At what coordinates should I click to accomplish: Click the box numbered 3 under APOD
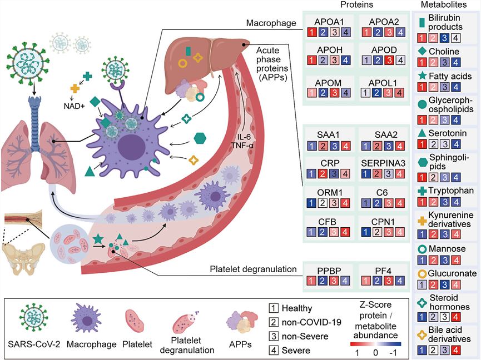(389, 60)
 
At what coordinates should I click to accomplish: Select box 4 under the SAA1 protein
(346, 146)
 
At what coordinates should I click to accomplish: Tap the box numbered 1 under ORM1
(311, 203)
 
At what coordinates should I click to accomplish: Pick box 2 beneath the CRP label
(323, 174)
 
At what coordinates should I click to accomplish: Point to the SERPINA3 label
(383, 163)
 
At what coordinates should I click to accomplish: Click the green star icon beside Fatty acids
(423, 76)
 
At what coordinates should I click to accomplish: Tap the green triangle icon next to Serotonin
(422, 133)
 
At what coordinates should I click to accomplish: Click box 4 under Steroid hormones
(456, 317)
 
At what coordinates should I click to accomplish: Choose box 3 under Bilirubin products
(444, 38)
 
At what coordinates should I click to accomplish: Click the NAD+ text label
(75, 106)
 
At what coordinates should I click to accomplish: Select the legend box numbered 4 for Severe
(274, 350)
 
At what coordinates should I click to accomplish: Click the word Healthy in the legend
(297, 308)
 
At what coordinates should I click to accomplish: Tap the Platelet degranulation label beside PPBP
(254, 269)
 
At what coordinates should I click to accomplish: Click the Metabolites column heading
(444, 4)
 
